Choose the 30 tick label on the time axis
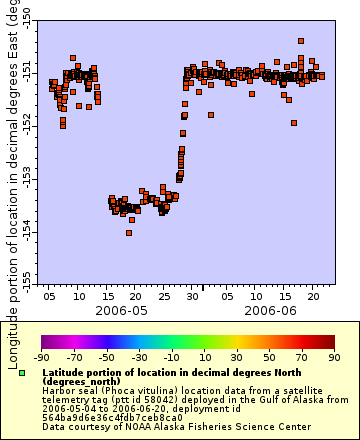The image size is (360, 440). pyautogui.click(x=203, y=296)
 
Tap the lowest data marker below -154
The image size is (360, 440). pyautogui.click(x=129, y=233)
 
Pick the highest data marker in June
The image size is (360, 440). pyautogui.click(x=301, y=41)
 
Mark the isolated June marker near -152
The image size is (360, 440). pyautogui.click(x=294, y=123)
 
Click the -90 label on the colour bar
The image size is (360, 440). pyautogui.click(x=41, y=357)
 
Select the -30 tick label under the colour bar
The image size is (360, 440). pyautogui.click(x=138, y=357)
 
